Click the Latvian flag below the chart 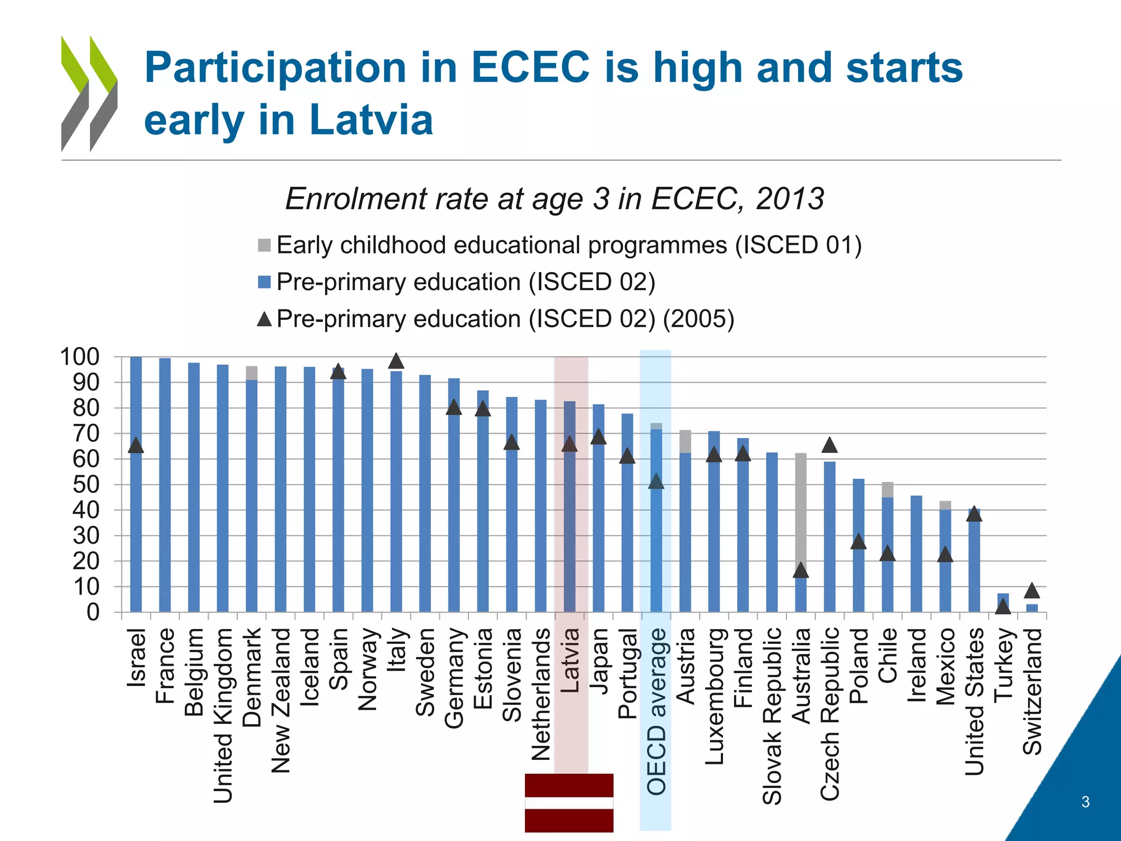pyautogui.click(x=569, y=803)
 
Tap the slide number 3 pyautogui.click(x=1085, y=802)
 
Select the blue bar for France pyautogui.click(x=165, y=485)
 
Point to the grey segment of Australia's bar pyautogui.click(x=800, y=509)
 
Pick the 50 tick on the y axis pyautogui.click(x=86, y=485)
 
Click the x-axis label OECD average pyautogui.click(x=656, y=712)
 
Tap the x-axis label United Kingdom pyautogui.click(x=223, y=715)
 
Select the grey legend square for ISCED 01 pyautogui.click(x=264, y=245)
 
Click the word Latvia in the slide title pyautogui.click(x=371, y=120)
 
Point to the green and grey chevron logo pyautogui.click(x=89, y=94)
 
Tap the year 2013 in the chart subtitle pyautogui.click(x=789, y=199)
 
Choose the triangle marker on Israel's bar pyautogui.click(x=136, y=446)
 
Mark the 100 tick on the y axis pyautogui.click(x=80, y=357)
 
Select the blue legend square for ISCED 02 pyautogui.click(x=264, y=282)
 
